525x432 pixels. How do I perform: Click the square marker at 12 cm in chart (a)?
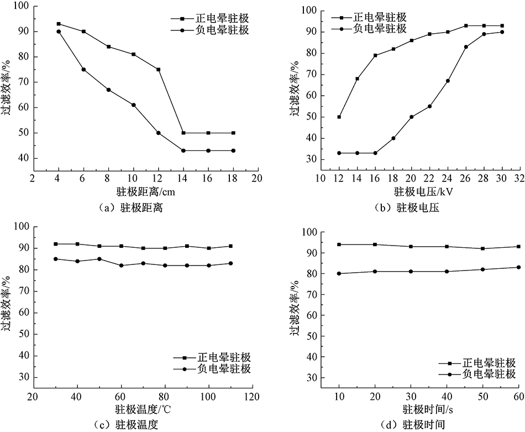click(x=158, y=69)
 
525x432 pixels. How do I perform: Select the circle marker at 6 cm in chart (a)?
click(x=83, y=69)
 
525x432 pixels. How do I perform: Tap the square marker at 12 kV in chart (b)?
click(x=339, y=117)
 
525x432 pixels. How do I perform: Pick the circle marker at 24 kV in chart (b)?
click(x=448, y=81)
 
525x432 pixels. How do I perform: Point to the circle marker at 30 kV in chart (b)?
click(x=502, y=32)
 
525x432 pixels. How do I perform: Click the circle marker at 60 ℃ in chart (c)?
click(x=121, y=266)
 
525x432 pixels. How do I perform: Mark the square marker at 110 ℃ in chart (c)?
click(x=230, y=246)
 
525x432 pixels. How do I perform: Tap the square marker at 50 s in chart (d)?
click(x=482, y=248)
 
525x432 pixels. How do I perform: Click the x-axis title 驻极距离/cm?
click(x=143, y=192)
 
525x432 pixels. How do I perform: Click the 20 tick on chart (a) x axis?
click(x=256, y=179)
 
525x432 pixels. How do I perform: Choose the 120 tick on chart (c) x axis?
click(x=252, y=397)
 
